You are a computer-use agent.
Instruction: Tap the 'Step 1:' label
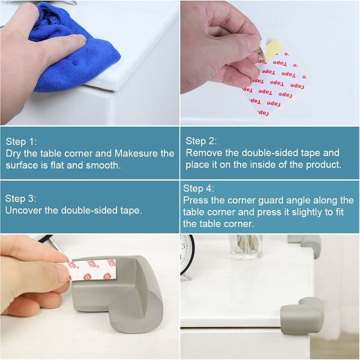click(22, 142)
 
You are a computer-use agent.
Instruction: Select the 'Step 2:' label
click(201, 141)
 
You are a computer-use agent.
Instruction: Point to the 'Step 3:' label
click(21, 198)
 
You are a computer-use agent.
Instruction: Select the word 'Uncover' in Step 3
click(24, 210)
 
